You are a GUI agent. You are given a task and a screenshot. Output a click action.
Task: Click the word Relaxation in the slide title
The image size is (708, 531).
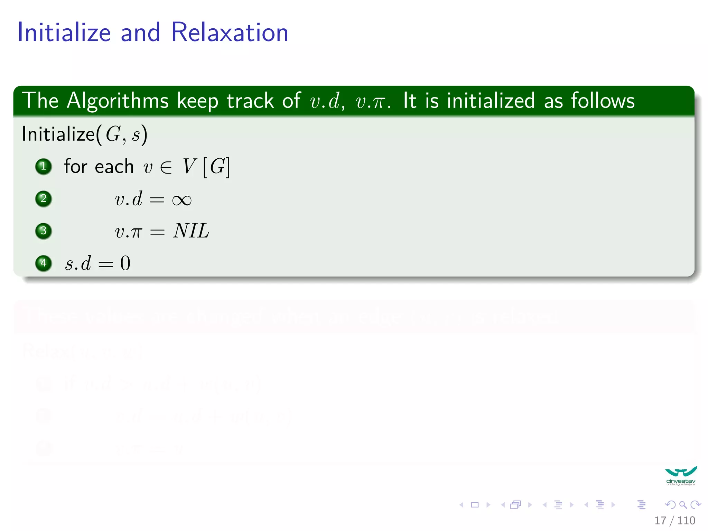tap(230, 32)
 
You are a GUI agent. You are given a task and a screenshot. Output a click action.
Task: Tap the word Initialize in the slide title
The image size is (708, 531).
tap(64, 32)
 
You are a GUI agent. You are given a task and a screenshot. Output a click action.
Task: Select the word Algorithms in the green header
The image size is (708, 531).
tap(118, 101)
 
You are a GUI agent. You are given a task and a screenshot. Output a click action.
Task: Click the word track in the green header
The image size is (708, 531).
tap(250, 101)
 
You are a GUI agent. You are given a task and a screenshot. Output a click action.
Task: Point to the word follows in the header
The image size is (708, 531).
tap(603, 101)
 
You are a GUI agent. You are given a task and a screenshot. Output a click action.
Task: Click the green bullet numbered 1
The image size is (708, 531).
tap(44, 166)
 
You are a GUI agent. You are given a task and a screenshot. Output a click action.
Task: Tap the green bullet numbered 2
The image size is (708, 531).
tap(44, 199)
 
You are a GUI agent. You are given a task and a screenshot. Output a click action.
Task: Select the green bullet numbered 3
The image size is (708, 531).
tap(44, 231)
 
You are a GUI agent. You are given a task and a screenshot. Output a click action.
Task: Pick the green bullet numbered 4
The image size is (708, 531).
tap(44, 263)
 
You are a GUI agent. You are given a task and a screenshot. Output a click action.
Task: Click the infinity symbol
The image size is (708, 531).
tap(181, 200)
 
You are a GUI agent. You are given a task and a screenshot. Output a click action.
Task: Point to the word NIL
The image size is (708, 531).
tap(191, 231)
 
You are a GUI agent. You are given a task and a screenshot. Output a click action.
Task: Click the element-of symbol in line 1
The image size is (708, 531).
tap(166, 168)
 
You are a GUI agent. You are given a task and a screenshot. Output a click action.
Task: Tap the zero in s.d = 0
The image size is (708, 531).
tap(125, 263)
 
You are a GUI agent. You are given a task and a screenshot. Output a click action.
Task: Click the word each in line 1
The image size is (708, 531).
tap(114, 167)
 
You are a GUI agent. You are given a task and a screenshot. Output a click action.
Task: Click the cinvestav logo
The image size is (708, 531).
tap(680, 476)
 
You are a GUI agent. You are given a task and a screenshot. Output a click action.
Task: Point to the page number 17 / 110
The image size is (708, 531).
tap(674, 520)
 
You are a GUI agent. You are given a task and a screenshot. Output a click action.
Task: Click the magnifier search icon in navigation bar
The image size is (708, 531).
tap(683, 505)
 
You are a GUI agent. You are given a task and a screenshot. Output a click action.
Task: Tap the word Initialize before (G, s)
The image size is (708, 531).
tap(58, 134)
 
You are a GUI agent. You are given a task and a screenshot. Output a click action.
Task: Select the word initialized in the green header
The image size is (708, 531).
tap(491, 101)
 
